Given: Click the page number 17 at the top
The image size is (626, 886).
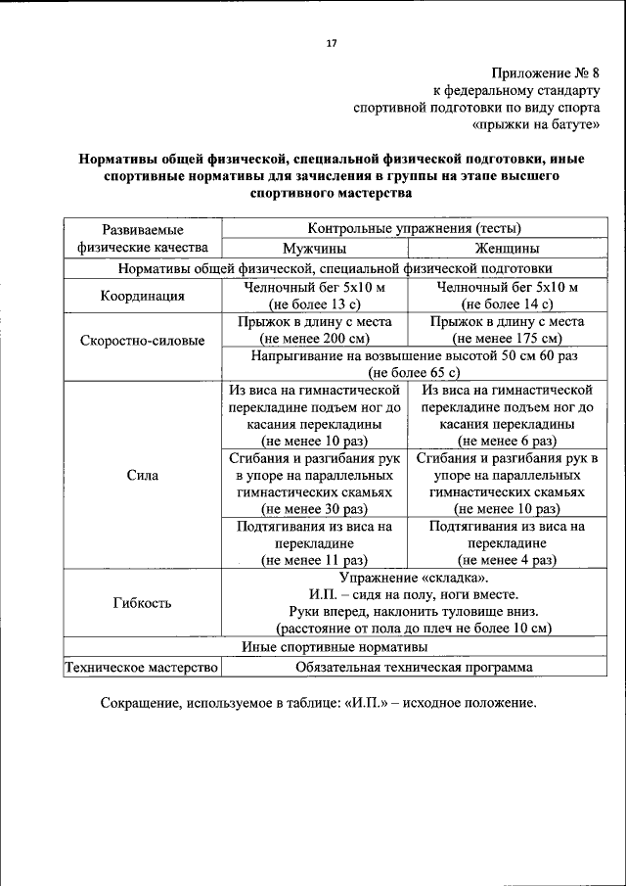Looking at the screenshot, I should click(x=331, y=44).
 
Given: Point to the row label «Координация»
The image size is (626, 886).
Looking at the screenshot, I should click(x=142, y=296).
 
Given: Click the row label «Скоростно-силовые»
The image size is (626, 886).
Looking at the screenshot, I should click(x=142, y=341).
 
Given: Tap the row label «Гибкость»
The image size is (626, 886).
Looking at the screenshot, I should click(x=142, y=602).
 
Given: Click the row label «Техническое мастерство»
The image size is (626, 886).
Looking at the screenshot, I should click(x=141, y=668).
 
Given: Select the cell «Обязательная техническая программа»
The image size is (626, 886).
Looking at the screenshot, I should click(x=414, y=668).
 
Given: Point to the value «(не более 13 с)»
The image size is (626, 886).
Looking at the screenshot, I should click(x=315, y=304).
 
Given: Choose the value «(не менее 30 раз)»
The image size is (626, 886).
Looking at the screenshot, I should click(x=315, y=509).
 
